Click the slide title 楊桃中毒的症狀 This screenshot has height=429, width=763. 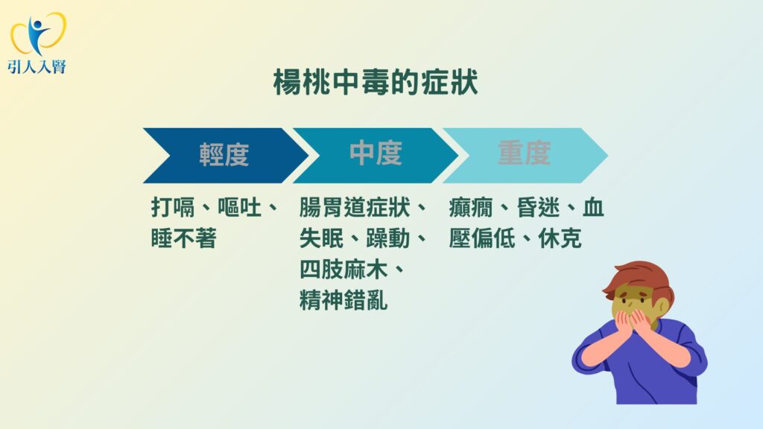[376, 82]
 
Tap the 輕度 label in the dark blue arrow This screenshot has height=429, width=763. [224, 155]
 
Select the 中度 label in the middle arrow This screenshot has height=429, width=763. [376, 153]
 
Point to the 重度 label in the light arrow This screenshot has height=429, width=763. [524, 153]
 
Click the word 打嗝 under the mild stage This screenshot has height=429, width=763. [173, 208]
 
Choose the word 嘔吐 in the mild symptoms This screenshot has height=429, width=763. [239, 208]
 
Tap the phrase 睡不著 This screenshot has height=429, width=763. [183, 238]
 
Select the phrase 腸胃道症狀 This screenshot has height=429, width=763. [355, 208]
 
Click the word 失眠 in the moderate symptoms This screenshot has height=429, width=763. [321, 238]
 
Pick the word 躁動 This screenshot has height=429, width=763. [387, 238]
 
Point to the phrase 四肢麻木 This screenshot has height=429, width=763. [343, 270]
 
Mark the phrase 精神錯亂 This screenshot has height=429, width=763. [343, 301]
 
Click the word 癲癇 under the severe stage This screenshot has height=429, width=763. [471, 208]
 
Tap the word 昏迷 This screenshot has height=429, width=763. [538, 208]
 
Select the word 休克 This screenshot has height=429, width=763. [560, 238]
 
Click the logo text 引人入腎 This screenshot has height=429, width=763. [37, 66]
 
